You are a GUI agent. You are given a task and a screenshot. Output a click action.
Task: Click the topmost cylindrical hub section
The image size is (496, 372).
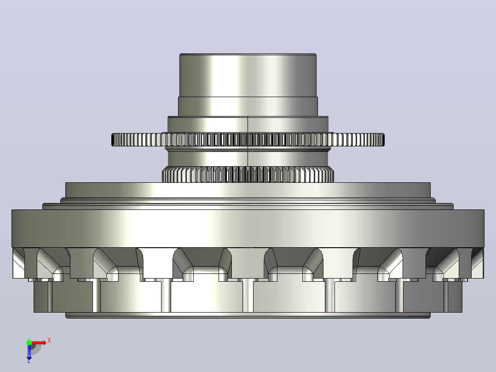tap(248, 76)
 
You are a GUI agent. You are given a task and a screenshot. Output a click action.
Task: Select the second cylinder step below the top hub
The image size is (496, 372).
tap(248, 107)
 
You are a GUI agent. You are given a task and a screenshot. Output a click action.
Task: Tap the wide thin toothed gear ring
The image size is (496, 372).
tap(248, 139)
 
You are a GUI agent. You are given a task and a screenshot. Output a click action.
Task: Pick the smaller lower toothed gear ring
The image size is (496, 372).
tap(248, 174)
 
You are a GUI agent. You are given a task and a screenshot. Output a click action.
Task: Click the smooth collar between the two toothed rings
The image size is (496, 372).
tap(248, 157)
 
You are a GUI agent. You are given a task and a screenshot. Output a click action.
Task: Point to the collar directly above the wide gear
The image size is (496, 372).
tap(248, 125)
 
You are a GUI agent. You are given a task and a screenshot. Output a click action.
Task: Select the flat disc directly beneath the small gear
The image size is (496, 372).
tap(248, 190)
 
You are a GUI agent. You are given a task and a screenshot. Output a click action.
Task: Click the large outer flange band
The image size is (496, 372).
tap(248, 228)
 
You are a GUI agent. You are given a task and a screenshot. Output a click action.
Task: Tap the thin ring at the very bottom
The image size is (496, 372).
tap(248, 315)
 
